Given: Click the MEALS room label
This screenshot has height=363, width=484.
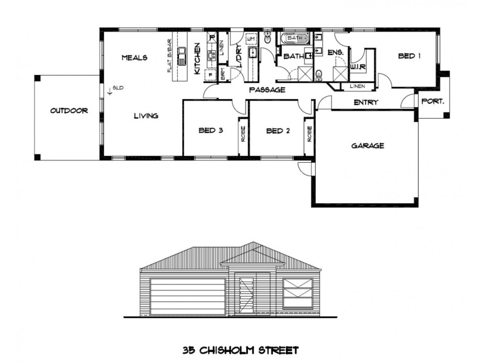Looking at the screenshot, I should [x=134, y=57].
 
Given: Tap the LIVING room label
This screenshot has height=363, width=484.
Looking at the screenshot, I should [x=146, y=116].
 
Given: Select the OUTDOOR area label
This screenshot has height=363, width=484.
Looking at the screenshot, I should [x=69, y=111].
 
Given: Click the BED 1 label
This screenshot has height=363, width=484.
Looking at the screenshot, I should [x=409, y=56].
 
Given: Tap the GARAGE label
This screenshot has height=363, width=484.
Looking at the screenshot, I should [x=368, y=146].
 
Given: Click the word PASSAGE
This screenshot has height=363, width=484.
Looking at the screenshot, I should [x=267, y=90].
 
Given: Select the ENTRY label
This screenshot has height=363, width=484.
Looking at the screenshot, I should [x=365, y=102].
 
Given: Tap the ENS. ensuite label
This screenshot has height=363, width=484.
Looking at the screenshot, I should [x=336, y=53].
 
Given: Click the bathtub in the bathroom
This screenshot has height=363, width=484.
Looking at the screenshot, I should [x=294, y=38].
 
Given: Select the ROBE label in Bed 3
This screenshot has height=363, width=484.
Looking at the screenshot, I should [x=243, y=132].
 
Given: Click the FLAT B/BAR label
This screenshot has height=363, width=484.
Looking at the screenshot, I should [x=170, y=56].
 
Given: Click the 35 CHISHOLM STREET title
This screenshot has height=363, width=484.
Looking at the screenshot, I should [x=241, y=350].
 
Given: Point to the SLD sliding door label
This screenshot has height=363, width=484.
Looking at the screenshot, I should [x=117, y=88].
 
